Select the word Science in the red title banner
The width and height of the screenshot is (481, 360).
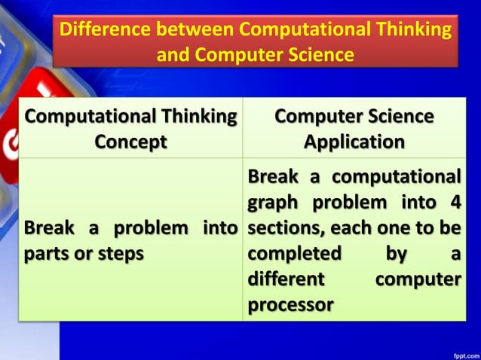click(x=309, y=55)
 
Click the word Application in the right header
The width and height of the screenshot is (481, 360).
click(x=354, y=142)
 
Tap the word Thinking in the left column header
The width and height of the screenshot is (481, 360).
click(x=195, y=117)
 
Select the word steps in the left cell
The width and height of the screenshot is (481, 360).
click(x=117, y=254)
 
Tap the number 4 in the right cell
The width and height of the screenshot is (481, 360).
click(x=452, y=203)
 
